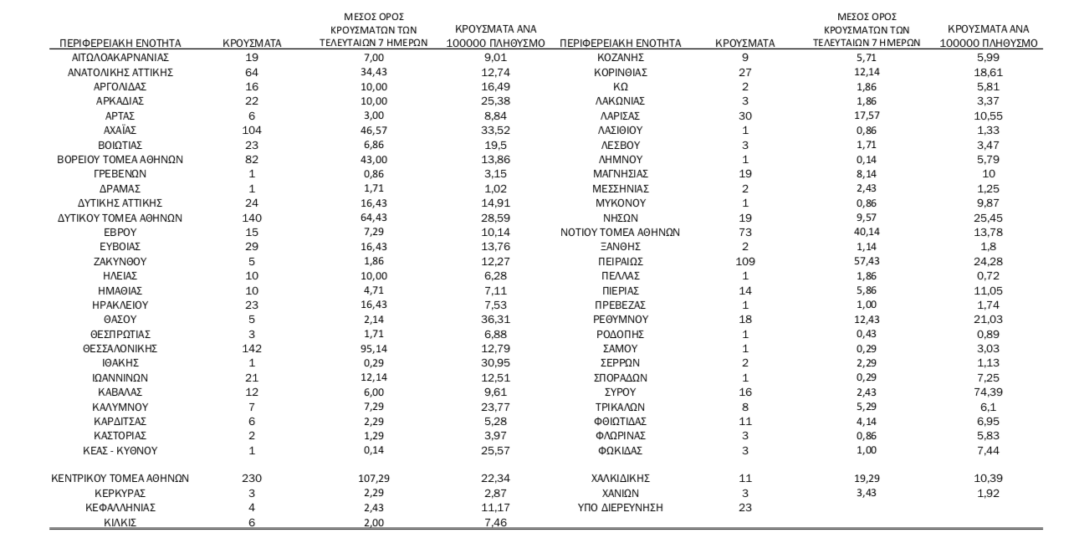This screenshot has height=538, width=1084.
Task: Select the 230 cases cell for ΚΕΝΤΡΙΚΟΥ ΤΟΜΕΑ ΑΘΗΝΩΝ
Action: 252,478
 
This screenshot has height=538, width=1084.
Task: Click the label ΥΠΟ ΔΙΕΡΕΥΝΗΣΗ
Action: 619,507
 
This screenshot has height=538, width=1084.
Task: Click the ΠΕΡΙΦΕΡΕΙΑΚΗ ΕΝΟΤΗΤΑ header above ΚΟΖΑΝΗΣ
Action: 620,43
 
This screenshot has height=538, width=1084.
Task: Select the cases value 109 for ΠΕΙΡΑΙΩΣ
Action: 745,260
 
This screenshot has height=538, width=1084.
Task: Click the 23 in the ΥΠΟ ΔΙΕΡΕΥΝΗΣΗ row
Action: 745,507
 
